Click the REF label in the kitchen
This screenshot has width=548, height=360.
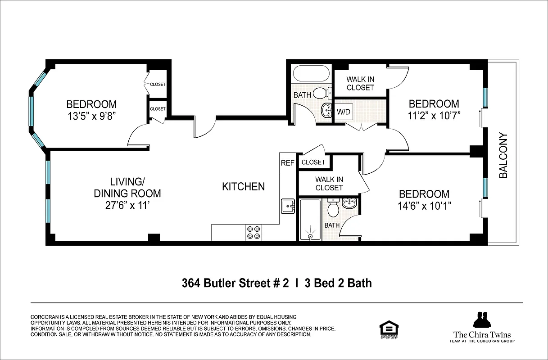pyautogui.click(x=287, y=162)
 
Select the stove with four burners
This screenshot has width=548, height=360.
pyautogui.click(x=254, y=232)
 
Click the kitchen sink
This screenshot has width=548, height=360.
pyautogui.click(x=288, y=206)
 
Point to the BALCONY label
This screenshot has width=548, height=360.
pyautogui.click(x=503, y=155)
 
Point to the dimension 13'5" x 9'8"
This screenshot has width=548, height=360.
pyautogui.click(x=91, y=116)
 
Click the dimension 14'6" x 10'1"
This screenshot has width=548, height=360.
pyautogui.click(x=424, y=206)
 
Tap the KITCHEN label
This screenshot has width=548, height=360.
pyautogui.click(x=243, y=186)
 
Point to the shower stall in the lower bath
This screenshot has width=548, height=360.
pyautogui.click(x=309, y=220)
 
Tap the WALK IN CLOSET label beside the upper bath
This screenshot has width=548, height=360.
pyautogui.click(x=360, y=83)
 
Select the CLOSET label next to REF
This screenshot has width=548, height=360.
pyautogui.click(x=313, y=162)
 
